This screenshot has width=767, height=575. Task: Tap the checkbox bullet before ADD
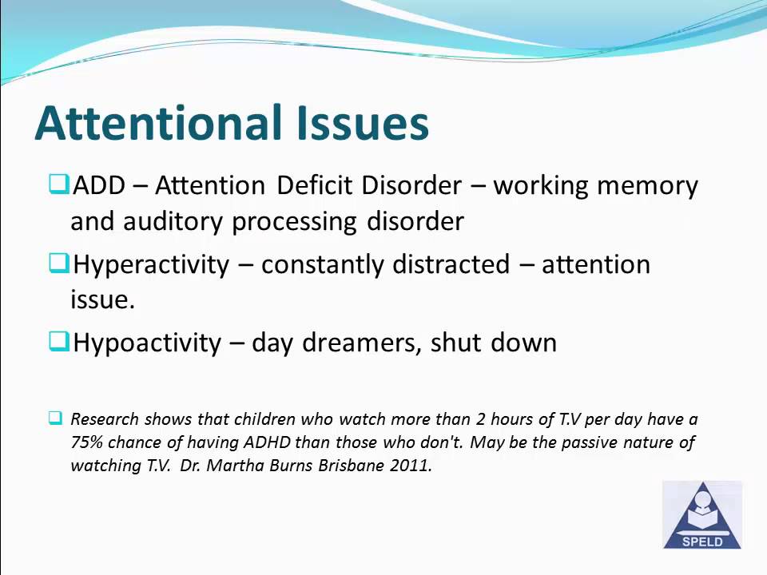point(58,184)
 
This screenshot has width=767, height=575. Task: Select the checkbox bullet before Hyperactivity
point(58,263)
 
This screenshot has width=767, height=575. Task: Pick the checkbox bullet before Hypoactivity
point(58,342)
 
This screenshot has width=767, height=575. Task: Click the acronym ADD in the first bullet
point(99,185)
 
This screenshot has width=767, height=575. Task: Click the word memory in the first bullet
point(648,185)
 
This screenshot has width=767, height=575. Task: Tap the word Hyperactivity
point(151,264)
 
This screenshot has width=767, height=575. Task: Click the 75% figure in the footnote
point(87,442)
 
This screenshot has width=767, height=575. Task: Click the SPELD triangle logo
point(702,516)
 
